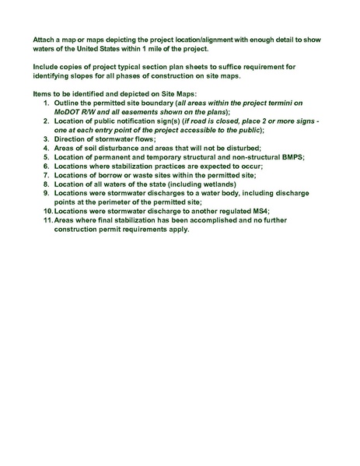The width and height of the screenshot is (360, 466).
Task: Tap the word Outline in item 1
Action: coord(68,103)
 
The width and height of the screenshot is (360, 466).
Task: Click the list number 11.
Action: coord(47,220)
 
